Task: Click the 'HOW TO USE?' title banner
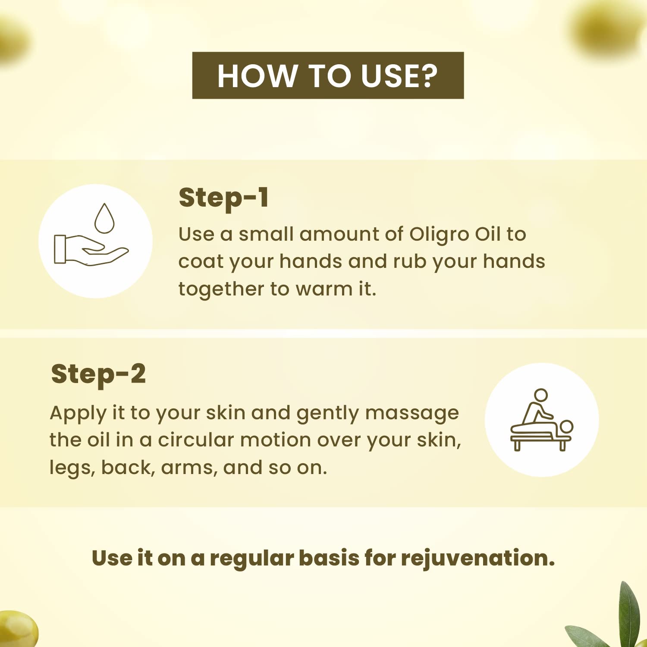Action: (x=328, y=75)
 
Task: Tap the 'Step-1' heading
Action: (x=224, y=198)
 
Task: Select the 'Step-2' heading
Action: (x=98, y=374)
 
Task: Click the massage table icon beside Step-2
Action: (x=542, y=421)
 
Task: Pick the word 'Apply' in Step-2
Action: (x=78, y=413)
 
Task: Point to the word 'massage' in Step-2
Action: (x=412, y=413)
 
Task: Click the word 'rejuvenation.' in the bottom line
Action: (x=477, y=558)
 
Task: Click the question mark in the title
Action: (x=428, y=76)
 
